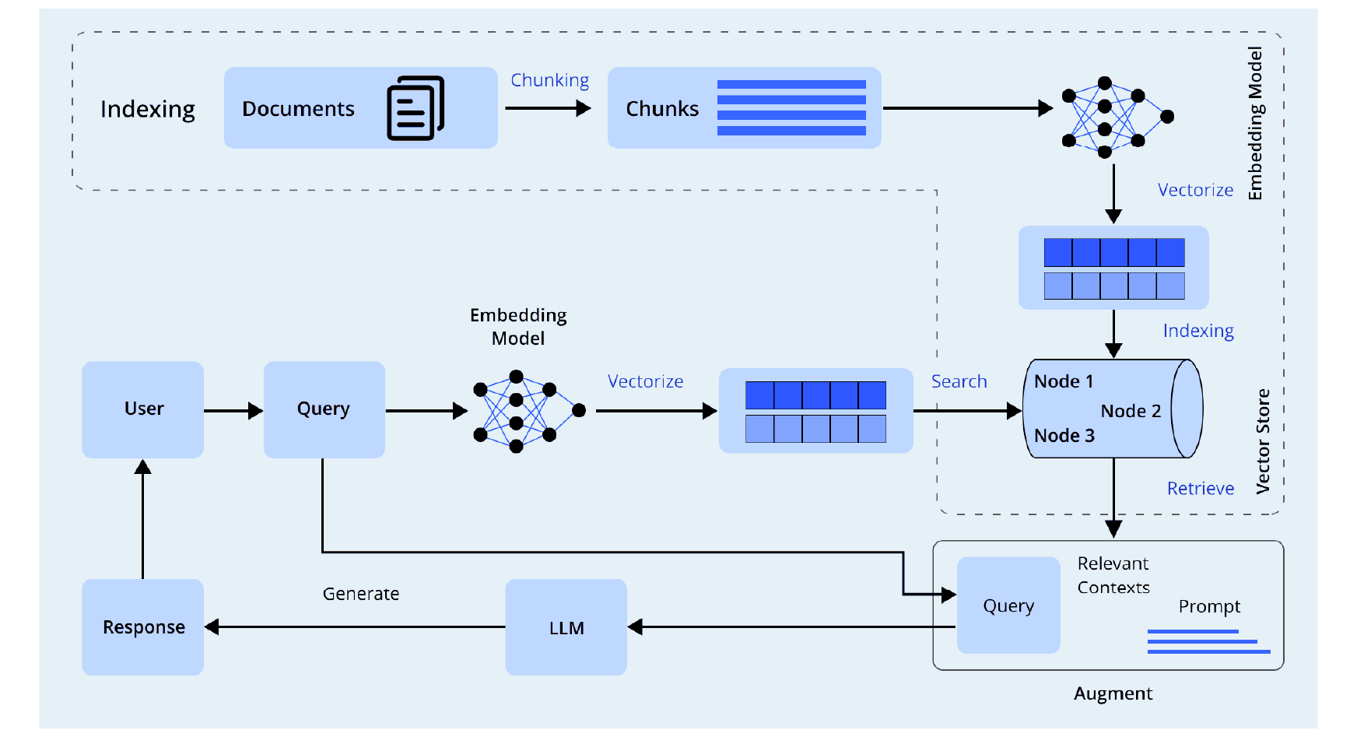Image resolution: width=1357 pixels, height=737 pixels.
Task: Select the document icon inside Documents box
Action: pos(416,108)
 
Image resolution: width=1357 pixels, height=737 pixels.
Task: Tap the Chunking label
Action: pos(549,80)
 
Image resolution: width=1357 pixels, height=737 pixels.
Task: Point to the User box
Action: pos(143,409)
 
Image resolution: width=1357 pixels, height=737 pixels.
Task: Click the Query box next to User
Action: pos(324,409)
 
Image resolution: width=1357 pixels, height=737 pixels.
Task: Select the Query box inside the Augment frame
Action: pos(1008,605)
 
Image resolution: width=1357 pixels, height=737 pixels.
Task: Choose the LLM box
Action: pos(566,627)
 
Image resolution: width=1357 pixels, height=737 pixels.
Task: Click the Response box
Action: pos(143,627)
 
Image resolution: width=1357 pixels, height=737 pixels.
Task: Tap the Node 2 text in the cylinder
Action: pos(1131,411)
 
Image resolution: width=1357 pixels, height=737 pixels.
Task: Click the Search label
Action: pos(959,381)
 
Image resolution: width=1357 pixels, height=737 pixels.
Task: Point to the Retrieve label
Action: pos(1200,488)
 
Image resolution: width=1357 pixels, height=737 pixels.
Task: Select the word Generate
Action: pos(361,594)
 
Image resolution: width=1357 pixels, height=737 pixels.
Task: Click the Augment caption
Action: pos(1113,693)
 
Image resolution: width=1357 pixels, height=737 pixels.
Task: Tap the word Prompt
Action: pos(1209,606)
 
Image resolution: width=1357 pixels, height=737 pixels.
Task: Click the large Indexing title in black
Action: pos(148,109)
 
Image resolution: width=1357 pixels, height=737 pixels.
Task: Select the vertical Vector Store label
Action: pos(1263,441)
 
